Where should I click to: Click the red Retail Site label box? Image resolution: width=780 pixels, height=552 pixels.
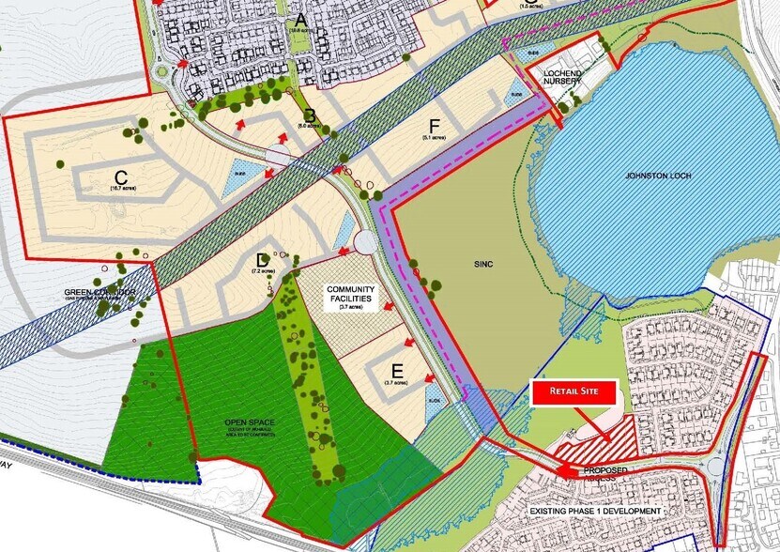pos(574,393)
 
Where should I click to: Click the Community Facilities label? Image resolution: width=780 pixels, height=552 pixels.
pos(350,296)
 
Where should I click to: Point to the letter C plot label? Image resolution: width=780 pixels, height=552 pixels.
pos(121,176)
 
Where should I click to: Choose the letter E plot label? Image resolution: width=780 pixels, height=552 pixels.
pos(397,370)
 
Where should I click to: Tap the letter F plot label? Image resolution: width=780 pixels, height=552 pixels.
pos(433,126)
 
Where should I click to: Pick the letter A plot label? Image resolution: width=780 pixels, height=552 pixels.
pos(300,19)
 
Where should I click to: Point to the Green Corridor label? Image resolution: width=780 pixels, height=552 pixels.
pos(100,293)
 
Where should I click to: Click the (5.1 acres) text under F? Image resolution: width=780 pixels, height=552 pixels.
pos(433,138)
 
